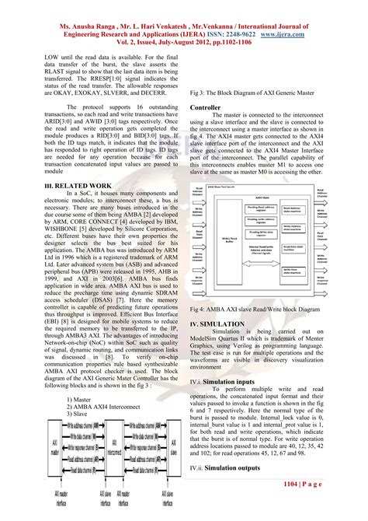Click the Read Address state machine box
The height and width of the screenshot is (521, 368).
click(298, 208)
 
